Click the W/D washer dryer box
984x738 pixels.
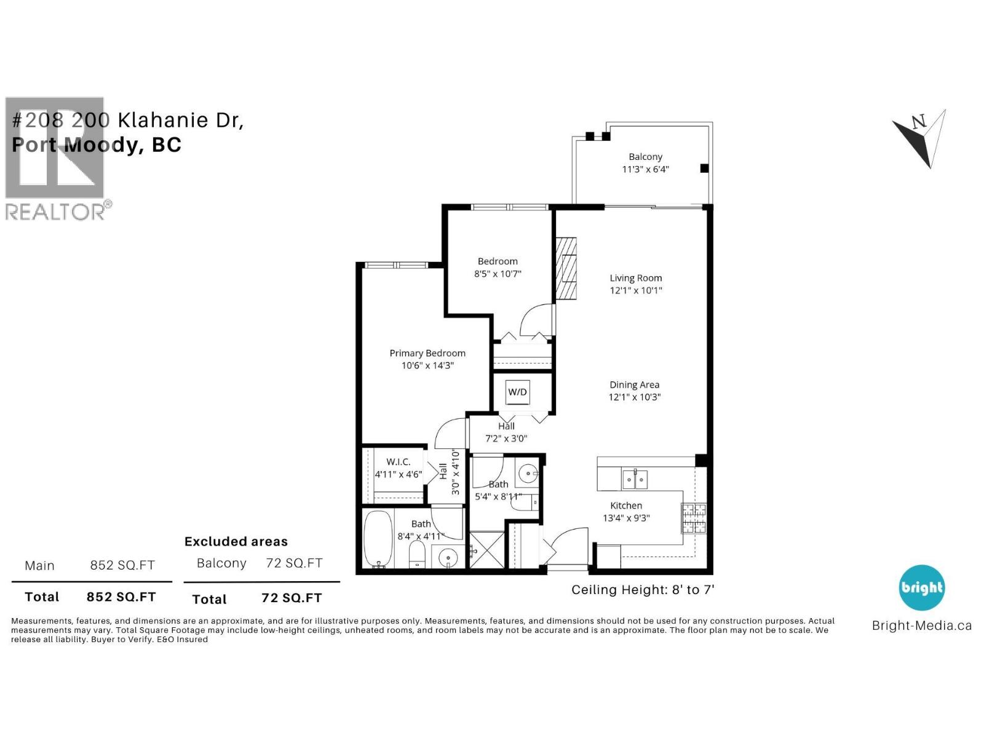pyautogui.click(x=517, y=392)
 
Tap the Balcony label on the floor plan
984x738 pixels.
pyautogui.click(x=645, y=157)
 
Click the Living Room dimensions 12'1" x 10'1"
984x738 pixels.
pyautogui.click(x=636, y=290)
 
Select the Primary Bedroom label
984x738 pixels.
pyautogui.click(x=427, y=353)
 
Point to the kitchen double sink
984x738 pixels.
pyautogui.click(x=635, y=479)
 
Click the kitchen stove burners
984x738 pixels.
pyautogui.click(x=693, y=518)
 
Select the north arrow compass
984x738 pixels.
pyautogui.click(x=920, y=138)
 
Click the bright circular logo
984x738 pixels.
pyautogui.click(x=921, y=587)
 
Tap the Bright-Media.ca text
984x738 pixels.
pyautogui.click(x=921, y=626)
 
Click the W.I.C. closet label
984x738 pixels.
pyautogui.click(x=398, y=462)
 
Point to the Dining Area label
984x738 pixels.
pyautogui.click(x=634, y=385)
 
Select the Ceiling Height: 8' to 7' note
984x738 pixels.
pyautogui.click(x=643, y=590)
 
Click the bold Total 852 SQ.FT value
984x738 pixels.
pyautogui.click(x=121, y=597)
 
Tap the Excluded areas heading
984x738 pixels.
pyautogui.click(x=236, y=542)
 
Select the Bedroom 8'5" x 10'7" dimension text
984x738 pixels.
pyautogui.click(x=498, y=274)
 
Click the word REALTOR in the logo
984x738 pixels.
pyautogui.click(x=55, y=212)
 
